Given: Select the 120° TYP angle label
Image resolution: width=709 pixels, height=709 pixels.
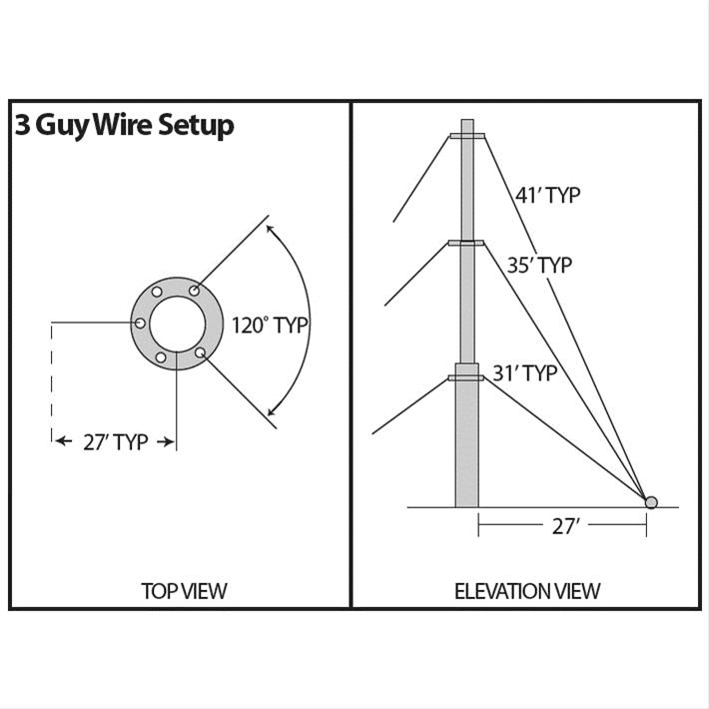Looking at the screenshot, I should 270,326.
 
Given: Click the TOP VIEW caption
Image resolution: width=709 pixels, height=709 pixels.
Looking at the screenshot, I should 184,590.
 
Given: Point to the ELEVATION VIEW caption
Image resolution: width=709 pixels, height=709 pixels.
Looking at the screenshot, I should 527,590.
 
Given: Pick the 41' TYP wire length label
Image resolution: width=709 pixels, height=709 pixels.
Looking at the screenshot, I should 547,195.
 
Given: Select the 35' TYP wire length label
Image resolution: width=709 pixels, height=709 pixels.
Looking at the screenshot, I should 539,266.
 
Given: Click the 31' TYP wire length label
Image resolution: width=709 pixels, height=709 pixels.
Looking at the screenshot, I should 524,373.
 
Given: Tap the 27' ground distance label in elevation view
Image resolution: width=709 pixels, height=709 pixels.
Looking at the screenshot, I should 565,526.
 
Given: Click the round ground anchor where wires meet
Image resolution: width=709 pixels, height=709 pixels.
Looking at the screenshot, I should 651,501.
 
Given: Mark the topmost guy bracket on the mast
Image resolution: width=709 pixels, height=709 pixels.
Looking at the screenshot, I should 466,136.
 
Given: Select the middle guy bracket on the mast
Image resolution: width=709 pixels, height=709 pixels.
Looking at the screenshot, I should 466,243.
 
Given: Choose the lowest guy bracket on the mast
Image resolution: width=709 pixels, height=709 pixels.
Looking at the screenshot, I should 466,377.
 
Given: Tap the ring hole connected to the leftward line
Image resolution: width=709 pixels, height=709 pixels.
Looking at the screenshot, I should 141,323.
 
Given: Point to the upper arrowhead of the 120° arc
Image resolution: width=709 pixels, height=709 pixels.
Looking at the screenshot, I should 271,229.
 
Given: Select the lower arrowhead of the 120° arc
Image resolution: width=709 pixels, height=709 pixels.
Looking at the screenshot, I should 271,411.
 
